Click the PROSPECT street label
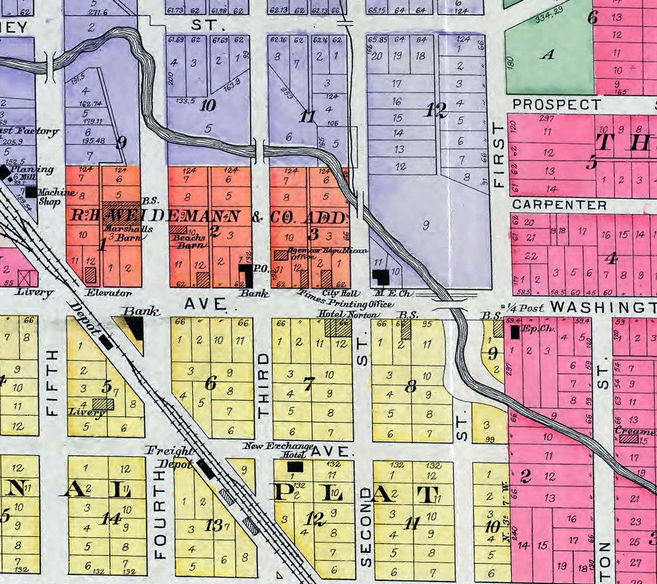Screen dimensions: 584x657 556,104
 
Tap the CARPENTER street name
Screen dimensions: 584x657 559,205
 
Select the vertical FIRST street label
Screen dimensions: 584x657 498,155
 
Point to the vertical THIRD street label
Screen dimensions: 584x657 264,385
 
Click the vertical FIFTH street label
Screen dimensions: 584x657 52,382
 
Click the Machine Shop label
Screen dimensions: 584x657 56,196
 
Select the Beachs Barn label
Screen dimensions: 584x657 189,241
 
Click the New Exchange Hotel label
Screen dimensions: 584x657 278,450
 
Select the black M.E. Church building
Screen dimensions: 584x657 382,277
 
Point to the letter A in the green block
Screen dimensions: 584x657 548,55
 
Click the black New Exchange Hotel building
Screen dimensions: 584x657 295,466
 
